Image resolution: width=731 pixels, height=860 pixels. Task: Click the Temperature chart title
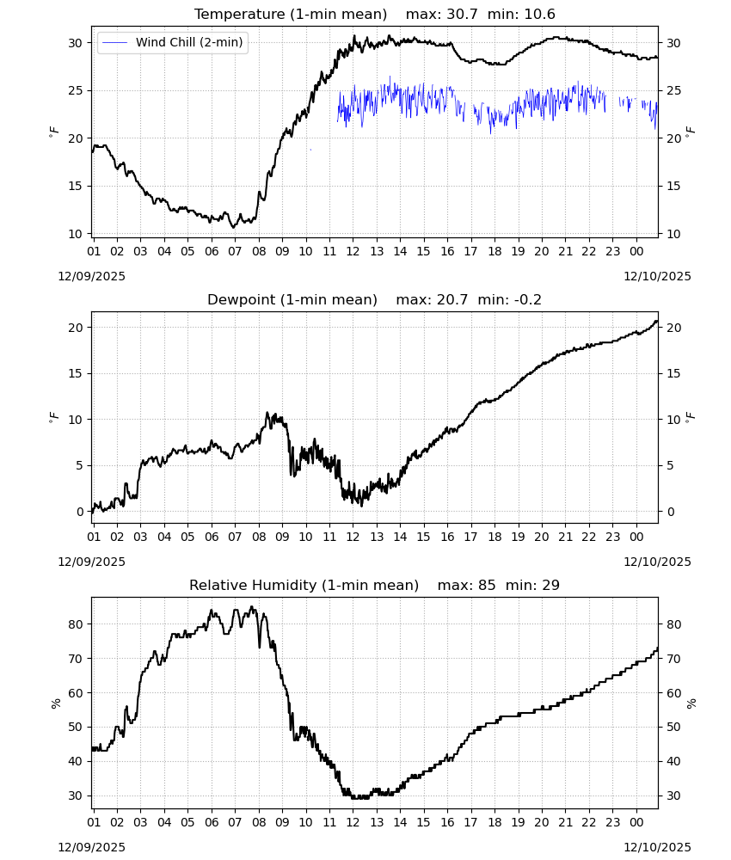pyautogui.click(x=291, y=15)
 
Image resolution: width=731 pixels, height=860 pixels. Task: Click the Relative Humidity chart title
pyautogui.click(x=304, y=585)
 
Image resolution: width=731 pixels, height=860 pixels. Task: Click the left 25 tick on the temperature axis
pyautogui.click(x=75, y=90)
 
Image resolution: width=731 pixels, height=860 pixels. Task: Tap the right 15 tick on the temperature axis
pyautogui.click(x=673, y=186)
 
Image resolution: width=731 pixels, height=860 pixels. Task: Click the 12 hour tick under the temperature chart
pyautogui.click(x=353, y=251)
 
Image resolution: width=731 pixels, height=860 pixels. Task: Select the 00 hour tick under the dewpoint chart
pyautogui.click(x=636, y=537)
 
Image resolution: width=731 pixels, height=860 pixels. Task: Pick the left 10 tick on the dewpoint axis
pyautogui.click(x=75, y=420)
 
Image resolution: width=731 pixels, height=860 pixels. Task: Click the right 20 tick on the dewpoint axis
pyautogui.click(x=673, y=328)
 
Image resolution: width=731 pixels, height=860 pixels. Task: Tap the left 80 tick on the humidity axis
pyautogui.click(x=75, y=624)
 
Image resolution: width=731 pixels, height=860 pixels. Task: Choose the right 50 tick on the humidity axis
pyautogui.click(x=673, y=728)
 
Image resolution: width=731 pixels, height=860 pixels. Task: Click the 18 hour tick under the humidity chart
pyautogui.click(x=494, y=822)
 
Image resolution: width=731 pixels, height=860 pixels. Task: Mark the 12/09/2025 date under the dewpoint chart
pyautogui.click(x=91, y=562)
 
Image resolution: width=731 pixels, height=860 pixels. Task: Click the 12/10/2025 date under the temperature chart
pyautogui.click(x=657, y=276)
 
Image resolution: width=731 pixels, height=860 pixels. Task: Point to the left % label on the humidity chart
pyautogui.click(x=55, y=703)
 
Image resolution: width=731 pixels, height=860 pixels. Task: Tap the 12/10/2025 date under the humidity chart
pyautogui.click(x=657, y=847)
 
